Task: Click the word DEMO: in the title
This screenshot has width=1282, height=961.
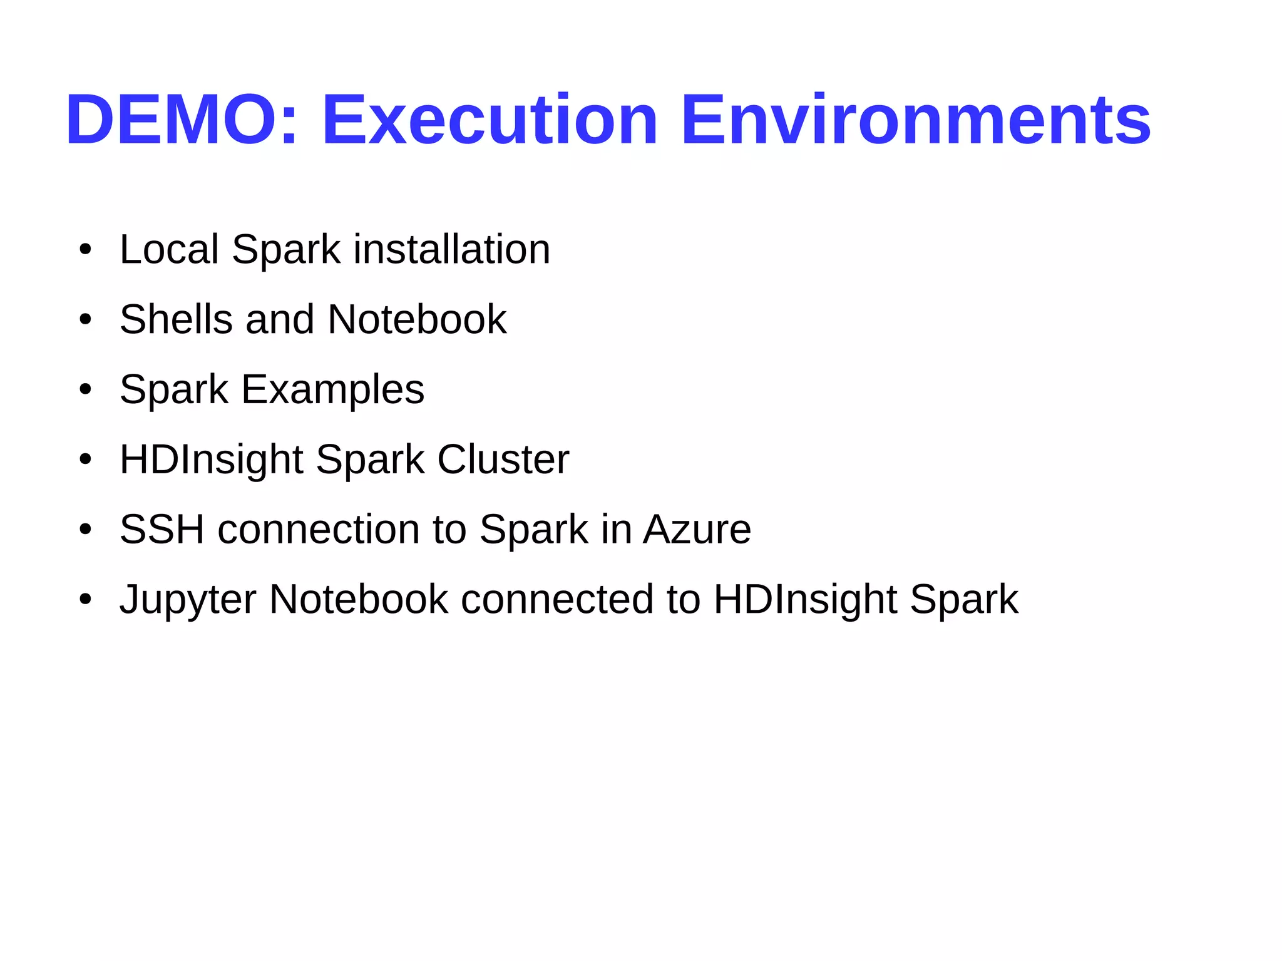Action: [182, 120]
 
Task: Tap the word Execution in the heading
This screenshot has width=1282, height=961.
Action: [489, 120]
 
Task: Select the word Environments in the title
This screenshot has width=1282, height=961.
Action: [916, 120]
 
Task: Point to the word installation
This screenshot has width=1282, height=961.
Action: [452, 249]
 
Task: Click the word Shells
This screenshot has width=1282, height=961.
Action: [176, 319]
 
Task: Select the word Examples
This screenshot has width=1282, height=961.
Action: [333, 389]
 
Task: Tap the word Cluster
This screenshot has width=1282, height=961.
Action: [503, 460]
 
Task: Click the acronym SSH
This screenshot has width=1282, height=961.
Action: [162, 530]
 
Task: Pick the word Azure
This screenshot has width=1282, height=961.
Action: [697, 530]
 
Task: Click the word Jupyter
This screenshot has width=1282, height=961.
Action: [188, 600]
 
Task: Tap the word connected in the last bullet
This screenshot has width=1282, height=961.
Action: [557, 600]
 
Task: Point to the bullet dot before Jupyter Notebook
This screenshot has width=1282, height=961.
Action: [86, 600]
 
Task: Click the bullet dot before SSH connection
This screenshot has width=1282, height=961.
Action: [86, 530]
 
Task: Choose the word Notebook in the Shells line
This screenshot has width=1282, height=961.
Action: [417, 319]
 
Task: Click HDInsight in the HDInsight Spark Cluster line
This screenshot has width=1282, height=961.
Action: [211, 460]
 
